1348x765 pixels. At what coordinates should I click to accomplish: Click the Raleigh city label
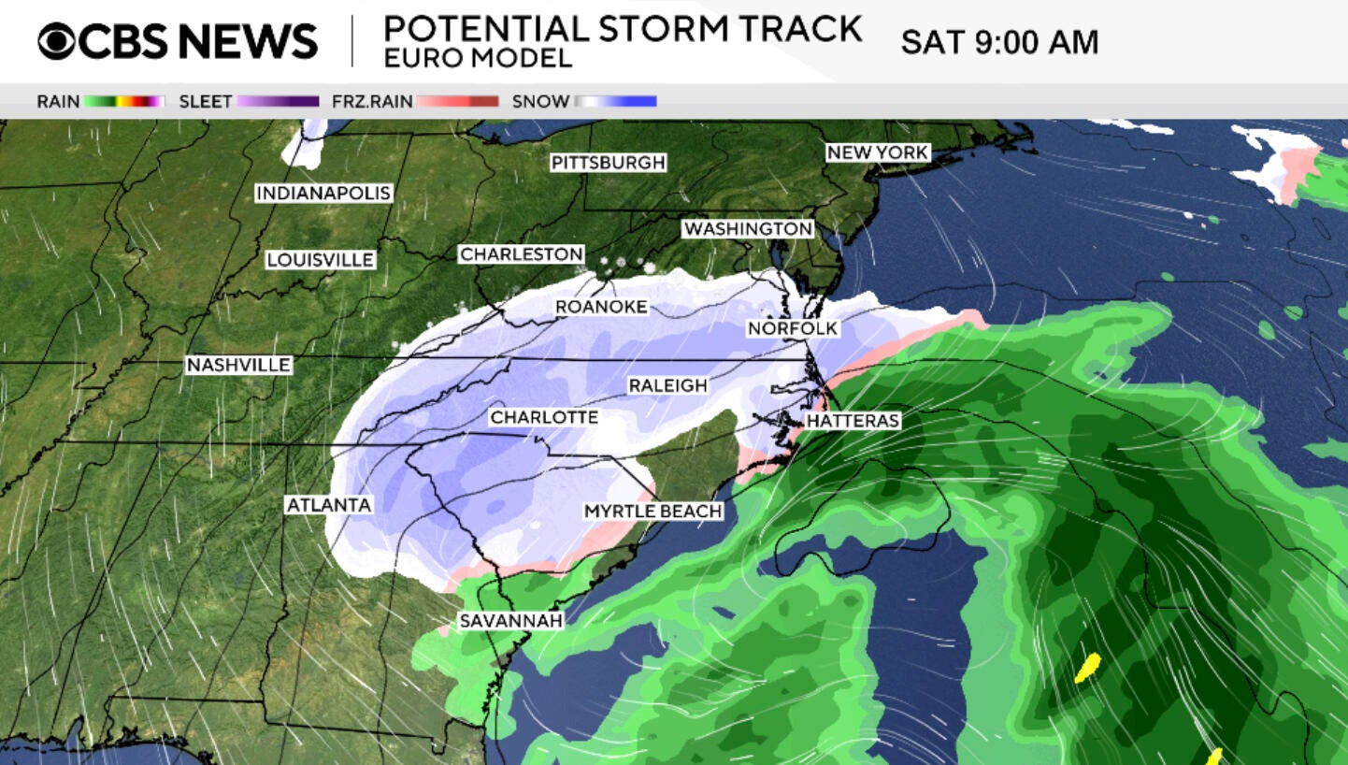click(667, 385)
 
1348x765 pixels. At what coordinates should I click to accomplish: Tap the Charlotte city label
click(544, 417)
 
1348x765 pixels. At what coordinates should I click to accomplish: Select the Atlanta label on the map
click(329, 505)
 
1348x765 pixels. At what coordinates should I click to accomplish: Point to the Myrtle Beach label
click(652, 511)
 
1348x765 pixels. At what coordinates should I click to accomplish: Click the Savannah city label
click(510, 621)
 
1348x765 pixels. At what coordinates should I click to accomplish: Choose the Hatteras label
click(852, 421)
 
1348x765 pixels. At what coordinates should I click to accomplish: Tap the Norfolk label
click(792, 328)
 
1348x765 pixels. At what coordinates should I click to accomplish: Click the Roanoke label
click(601, 307)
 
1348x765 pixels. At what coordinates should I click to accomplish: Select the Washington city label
click(747, 228)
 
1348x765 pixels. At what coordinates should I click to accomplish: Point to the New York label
click(877, 152)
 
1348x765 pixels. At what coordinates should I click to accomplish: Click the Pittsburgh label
click(608, 163)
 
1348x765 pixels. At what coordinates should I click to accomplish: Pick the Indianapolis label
click(323, 193)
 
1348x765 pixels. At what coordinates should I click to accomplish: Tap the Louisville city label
click(320, 260)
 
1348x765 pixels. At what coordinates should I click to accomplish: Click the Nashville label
click(238, 365)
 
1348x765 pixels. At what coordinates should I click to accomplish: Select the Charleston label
click(521, 253)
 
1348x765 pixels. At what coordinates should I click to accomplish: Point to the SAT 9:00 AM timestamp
click(998, 42)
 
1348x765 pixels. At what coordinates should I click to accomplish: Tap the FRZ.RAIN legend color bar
click(457, 101)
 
